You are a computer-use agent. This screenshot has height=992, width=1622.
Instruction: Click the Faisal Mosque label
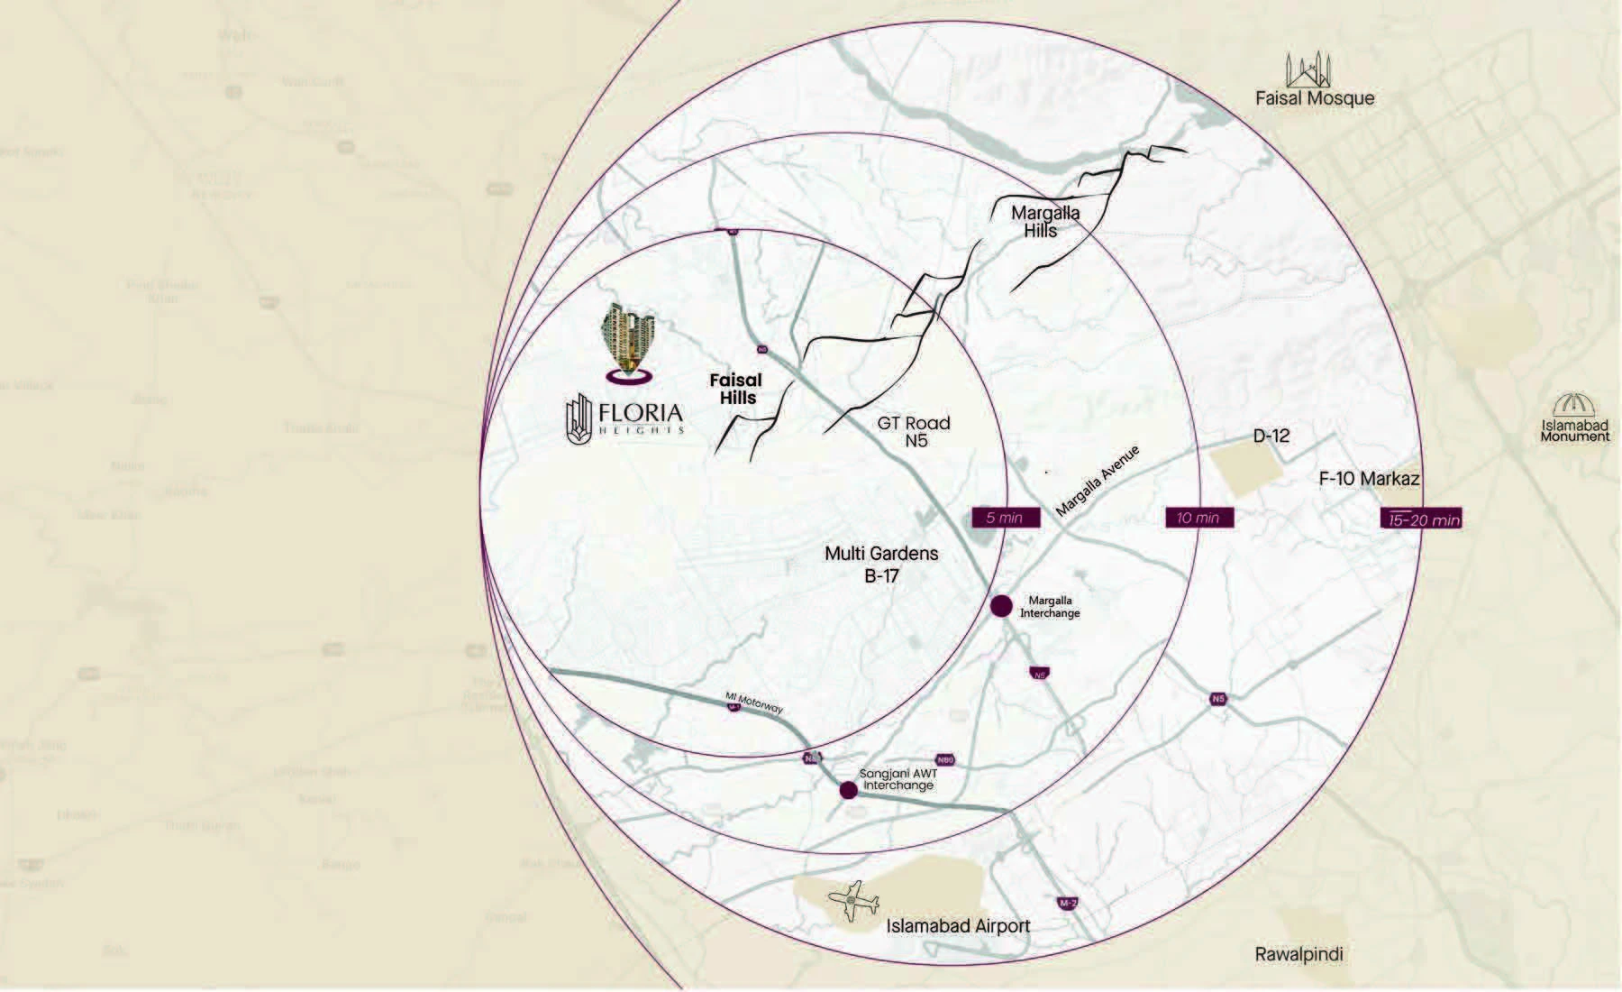[1315, 98]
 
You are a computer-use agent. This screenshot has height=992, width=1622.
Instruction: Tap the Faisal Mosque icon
[1308, 69]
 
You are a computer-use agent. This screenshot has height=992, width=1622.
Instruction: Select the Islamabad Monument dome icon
[1574, 406]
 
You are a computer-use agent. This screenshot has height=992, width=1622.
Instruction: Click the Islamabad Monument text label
[1574, 431]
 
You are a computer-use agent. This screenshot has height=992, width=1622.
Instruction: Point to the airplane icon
[852, 901]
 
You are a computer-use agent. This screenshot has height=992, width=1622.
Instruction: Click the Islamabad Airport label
[957, 926]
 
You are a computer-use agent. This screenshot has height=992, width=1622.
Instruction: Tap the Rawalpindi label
[1299, 954]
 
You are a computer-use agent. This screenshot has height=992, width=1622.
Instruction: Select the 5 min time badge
[1004, 518]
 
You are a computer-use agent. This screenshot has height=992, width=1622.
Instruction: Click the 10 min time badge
[1198, 518]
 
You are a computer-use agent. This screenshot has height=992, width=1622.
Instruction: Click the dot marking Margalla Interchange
[1001, 606]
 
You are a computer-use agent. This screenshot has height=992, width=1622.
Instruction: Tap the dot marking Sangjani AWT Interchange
[848, 791]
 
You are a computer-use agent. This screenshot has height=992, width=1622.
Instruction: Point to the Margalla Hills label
[1044, 222]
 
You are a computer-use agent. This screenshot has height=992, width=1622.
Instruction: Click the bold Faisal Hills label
[736, 389]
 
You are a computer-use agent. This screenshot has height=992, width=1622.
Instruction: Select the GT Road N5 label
[914, 432]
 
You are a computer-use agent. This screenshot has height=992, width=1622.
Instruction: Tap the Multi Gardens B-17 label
[881, 565]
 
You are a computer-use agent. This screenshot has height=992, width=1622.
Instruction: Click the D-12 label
[1271, 436]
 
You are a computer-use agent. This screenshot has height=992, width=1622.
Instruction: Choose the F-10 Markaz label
[1369, 479]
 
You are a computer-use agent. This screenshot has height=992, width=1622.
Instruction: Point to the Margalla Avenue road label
[1098, 481]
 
